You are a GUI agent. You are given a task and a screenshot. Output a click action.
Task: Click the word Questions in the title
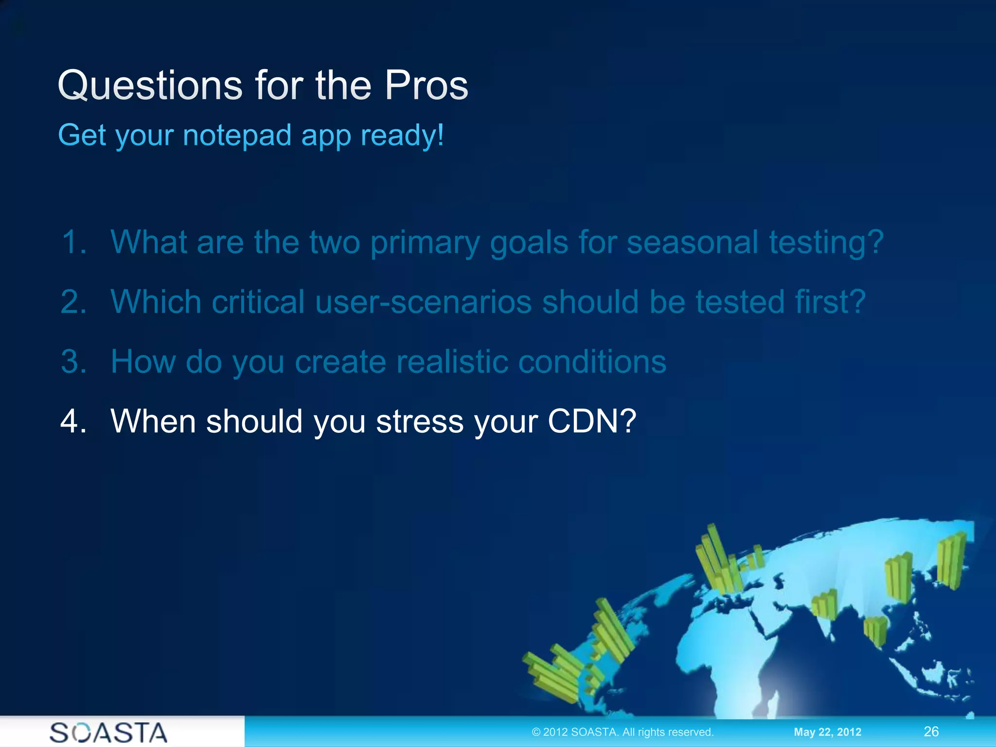pos(150,86)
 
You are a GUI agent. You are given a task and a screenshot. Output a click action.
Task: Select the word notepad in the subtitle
pos(237,135)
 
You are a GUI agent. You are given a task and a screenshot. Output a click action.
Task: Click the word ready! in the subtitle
pos(402,135)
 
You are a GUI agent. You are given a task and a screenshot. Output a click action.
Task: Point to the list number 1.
pos(73,242)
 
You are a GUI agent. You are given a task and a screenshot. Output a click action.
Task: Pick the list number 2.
pos(73,302)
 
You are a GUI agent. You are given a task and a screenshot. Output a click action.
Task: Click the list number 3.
pos(73,362)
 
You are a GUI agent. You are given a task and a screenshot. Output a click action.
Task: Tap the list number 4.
pos(73,421)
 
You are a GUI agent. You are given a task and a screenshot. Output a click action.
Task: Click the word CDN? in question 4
pos(592,421)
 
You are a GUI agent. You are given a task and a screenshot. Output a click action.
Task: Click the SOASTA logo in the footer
pos(108,732)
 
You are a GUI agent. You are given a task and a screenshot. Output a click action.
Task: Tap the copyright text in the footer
pos(622,732)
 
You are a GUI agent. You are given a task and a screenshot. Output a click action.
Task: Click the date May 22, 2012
pos(827,732)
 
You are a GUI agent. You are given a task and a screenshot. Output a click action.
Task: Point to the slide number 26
pos(931,731)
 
